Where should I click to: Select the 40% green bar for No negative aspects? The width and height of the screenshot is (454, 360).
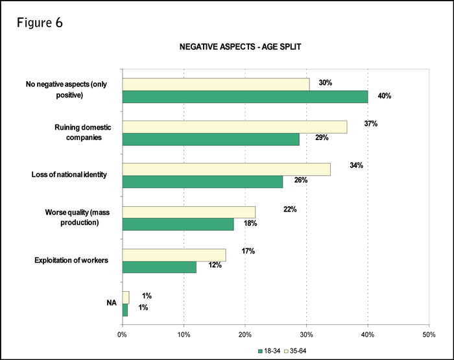pos(245,97)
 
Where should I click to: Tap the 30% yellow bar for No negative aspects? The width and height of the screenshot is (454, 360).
pos(215,84)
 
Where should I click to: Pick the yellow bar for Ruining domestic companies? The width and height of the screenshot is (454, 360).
pos(234,126)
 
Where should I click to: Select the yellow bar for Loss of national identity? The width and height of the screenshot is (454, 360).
pos(226,169)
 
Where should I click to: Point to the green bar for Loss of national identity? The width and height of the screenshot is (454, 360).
pos(202,182)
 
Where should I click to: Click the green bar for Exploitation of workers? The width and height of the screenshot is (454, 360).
pos(158,266)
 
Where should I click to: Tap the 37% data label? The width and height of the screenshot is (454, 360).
pos(371,123)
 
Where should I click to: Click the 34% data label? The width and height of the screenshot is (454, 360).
pos(356,165)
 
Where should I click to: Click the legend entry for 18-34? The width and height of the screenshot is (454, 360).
pos(268,351)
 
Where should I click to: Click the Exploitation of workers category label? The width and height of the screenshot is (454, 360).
pos(70,261)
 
